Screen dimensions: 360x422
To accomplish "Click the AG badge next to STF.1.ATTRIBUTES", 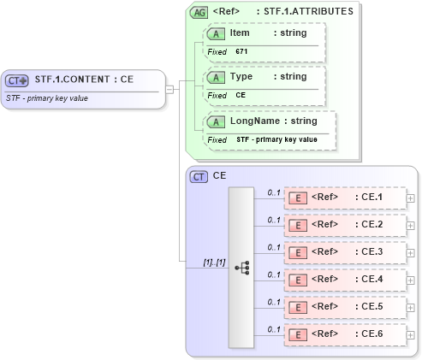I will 199,12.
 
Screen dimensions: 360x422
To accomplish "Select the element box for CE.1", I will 344,198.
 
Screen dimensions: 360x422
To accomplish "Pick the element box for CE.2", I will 344,225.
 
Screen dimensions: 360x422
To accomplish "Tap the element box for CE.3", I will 344,252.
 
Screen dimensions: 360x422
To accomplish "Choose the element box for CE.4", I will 344,280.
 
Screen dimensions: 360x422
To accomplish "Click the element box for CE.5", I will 344,307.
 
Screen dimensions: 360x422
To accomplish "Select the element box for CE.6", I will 344,334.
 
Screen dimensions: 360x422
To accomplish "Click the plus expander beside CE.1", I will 411,198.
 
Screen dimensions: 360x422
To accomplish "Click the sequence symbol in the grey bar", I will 241,268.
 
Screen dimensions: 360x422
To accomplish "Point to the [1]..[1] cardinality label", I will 213,262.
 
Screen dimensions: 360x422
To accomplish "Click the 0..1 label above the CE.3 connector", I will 274,246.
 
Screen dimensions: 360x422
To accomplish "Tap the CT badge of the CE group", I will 199,176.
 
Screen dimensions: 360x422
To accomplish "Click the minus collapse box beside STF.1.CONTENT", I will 169,87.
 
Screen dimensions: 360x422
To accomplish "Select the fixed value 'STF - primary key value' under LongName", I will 276,139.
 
